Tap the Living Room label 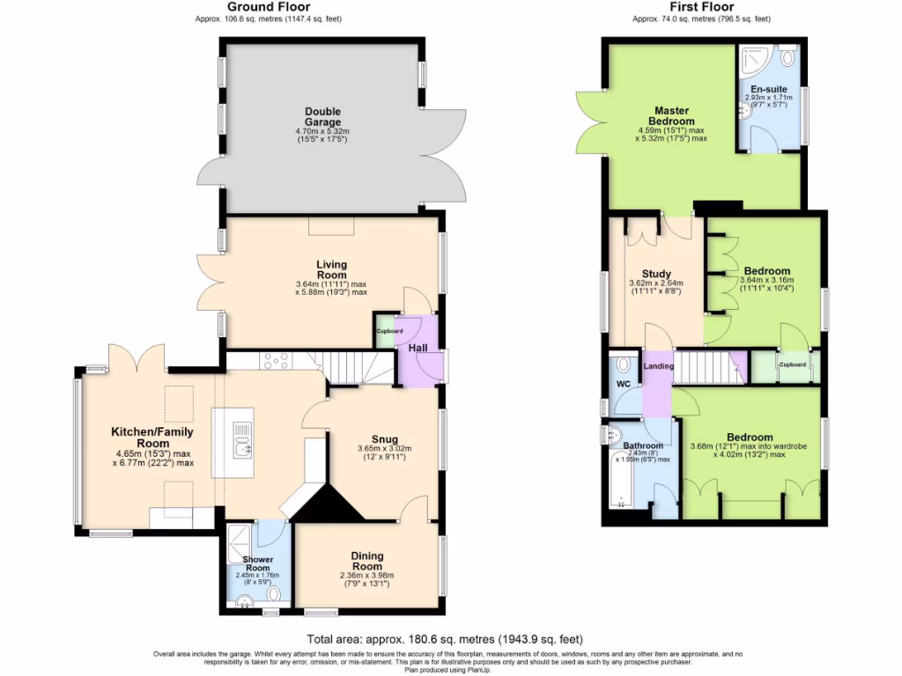tap(332, 269)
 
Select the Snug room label tap(384, 439)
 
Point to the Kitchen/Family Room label tap(152, 437)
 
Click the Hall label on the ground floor tap(418, 349)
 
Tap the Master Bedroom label tap(671, 115)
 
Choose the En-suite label tap(763, 90)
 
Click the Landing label tap(658, 366)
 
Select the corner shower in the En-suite tap(752, 59)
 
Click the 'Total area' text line tap(444, 639)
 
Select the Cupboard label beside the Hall tap(389, 331)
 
